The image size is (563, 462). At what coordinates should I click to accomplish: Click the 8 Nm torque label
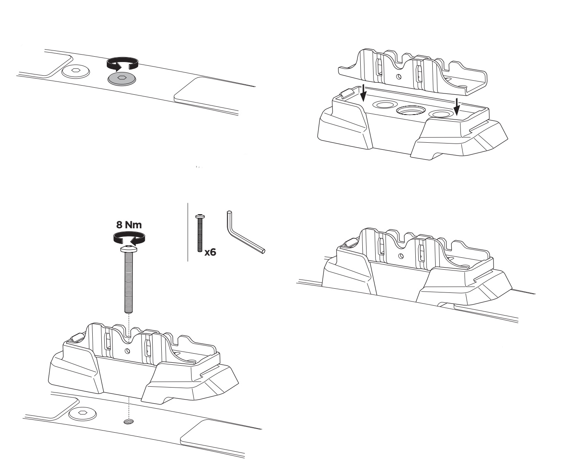tap(129, 225)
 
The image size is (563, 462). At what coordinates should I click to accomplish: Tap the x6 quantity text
tap(210, 252)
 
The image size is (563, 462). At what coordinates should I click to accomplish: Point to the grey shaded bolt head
tap(122, 79)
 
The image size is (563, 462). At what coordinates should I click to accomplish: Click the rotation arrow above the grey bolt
tap(122, 64)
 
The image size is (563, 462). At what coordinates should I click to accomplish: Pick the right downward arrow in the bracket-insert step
tap(457, 106)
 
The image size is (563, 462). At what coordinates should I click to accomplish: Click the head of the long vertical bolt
tap(129, 249)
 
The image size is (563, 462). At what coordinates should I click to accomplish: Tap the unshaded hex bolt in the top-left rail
tap(76, 71)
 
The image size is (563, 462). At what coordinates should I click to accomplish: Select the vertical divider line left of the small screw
tap(188, 232)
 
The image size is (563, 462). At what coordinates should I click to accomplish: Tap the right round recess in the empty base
tap(441, 115)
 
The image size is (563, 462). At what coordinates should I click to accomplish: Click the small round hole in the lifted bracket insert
tap(399, 77)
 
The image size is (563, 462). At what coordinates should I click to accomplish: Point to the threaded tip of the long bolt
tap(129, 310)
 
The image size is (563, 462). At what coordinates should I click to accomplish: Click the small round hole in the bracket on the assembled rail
tap(401, 256)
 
